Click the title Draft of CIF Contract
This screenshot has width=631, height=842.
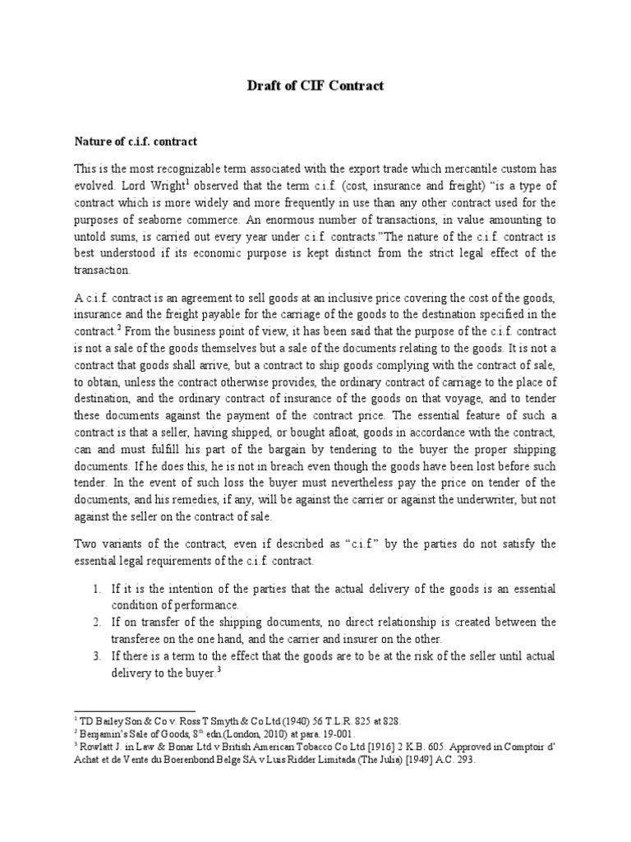(x=315, y=86)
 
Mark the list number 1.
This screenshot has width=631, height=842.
(x=96, y=590)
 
